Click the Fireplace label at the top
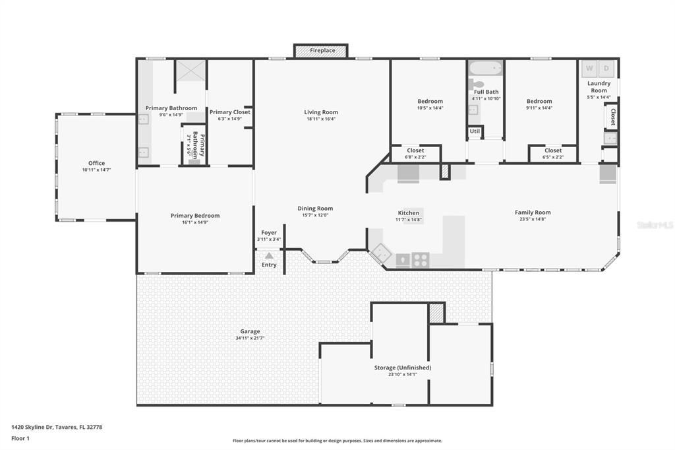(x=322, y=50)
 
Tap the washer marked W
(x=589, y=69)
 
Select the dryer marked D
(x=606, y=69)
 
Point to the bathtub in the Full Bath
(x=486, y=68)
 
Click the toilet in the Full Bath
(x=476, y=83)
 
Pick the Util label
(x=475, y=131)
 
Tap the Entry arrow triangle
(x=269, y=255)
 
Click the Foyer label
(x=269, y=233)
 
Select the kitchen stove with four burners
(x=421, y=260)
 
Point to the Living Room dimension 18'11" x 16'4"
(x=321, y=119)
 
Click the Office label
(x=96, y=163)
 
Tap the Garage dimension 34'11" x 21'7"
(x=250, y=338)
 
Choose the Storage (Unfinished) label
(x=403, y=368)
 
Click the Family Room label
(x=533, y=212)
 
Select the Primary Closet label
(x=230, y=112)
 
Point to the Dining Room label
(x=315, y=209)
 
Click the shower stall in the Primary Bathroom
(x=191, y=70)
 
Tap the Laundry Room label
(x=599, y=86)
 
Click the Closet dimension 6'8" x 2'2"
(x=415, y=157)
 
